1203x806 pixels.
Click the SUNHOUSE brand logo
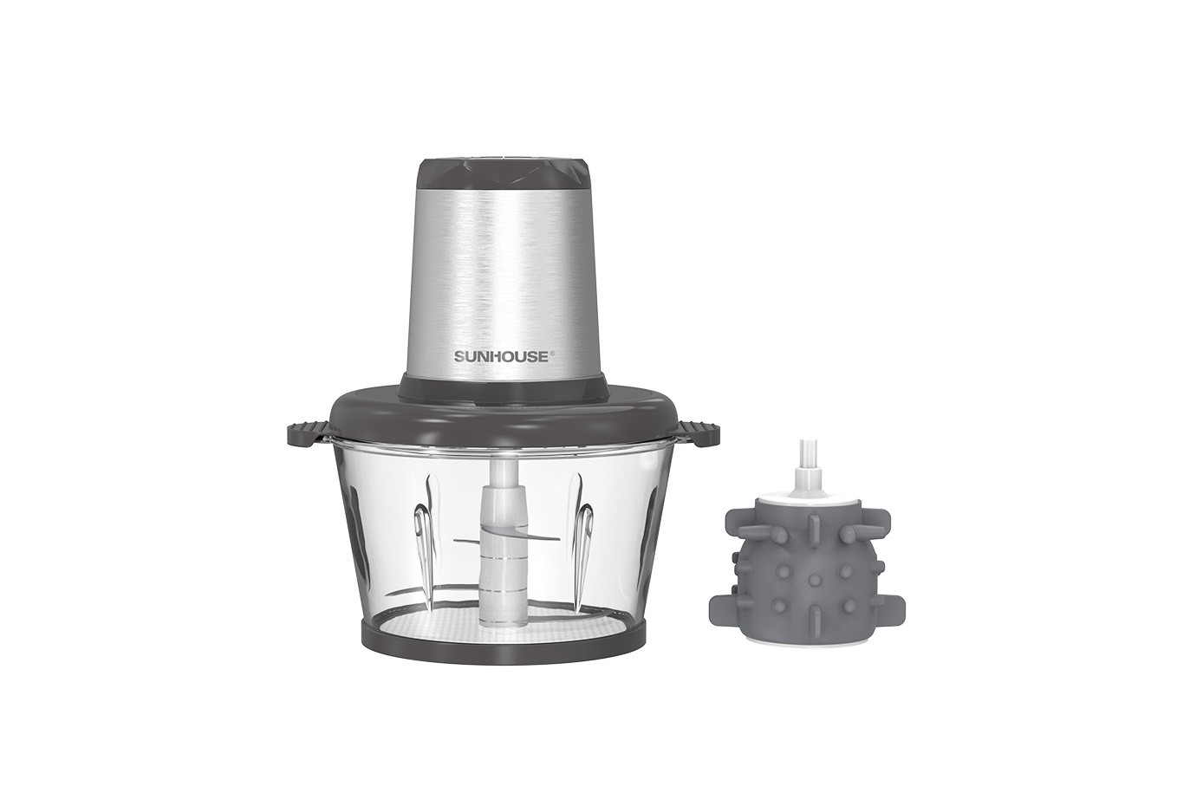(x=501, y=356)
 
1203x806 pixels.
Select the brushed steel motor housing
(x=504, y=284)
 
